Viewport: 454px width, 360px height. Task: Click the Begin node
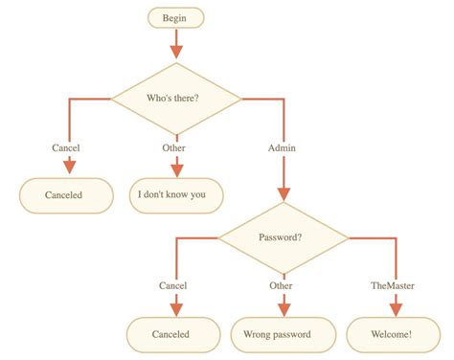175,17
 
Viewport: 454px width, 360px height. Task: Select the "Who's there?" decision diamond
176,98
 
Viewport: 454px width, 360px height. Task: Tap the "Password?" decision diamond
283,236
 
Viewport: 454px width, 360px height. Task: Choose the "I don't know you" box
175,195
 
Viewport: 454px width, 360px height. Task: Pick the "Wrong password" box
284,334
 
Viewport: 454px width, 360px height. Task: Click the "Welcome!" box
392,334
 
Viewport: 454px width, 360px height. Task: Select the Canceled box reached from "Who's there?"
64,195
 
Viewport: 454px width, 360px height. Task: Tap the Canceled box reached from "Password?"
171,334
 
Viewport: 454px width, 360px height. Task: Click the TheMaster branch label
394,285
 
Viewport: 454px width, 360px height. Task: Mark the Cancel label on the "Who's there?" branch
65,147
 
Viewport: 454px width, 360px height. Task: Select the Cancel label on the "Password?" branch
172,285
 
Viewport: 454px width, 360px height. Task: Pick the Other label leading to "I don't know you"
175,147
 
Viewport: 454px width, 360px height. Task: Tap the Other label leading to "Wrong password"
281,285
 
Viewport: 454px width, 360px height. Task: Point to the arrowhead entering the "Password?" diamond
283,191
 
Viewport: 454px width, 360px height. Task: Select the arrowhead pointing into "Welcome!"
396,309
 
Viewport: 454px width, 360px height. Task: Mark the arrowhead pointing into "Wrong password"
284,309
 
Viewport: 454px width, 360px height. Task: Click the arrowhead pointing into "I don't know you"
176,169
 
